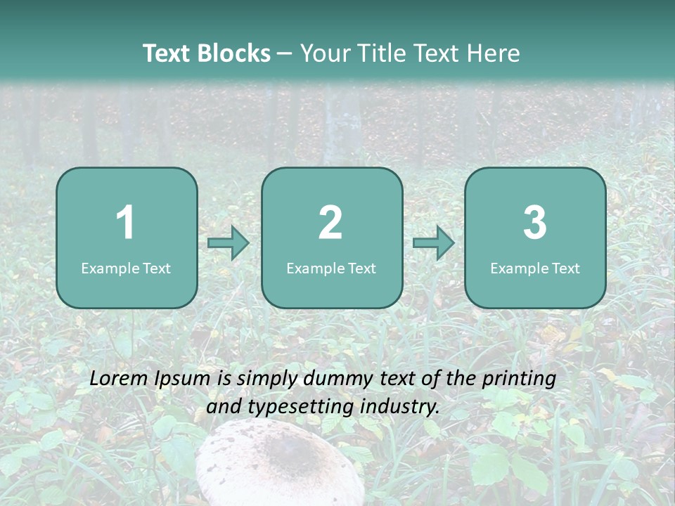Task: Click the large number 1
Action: pos(126,223)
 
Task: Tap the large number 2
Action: pos(330,223)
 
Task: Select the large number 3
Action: pos(535,223)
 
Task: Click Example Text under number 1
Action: pos(126,268)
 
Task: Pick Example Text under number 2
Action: pos(331,268)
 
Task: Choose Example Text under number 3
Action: pos(535,268)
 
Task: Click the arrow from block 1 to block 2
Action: pos(229,243)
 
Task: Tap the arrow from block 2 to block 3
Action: pos(434,243)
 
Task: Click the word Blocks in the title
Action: pos(233,53)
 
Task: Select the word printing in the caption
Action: pos(519,379)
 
